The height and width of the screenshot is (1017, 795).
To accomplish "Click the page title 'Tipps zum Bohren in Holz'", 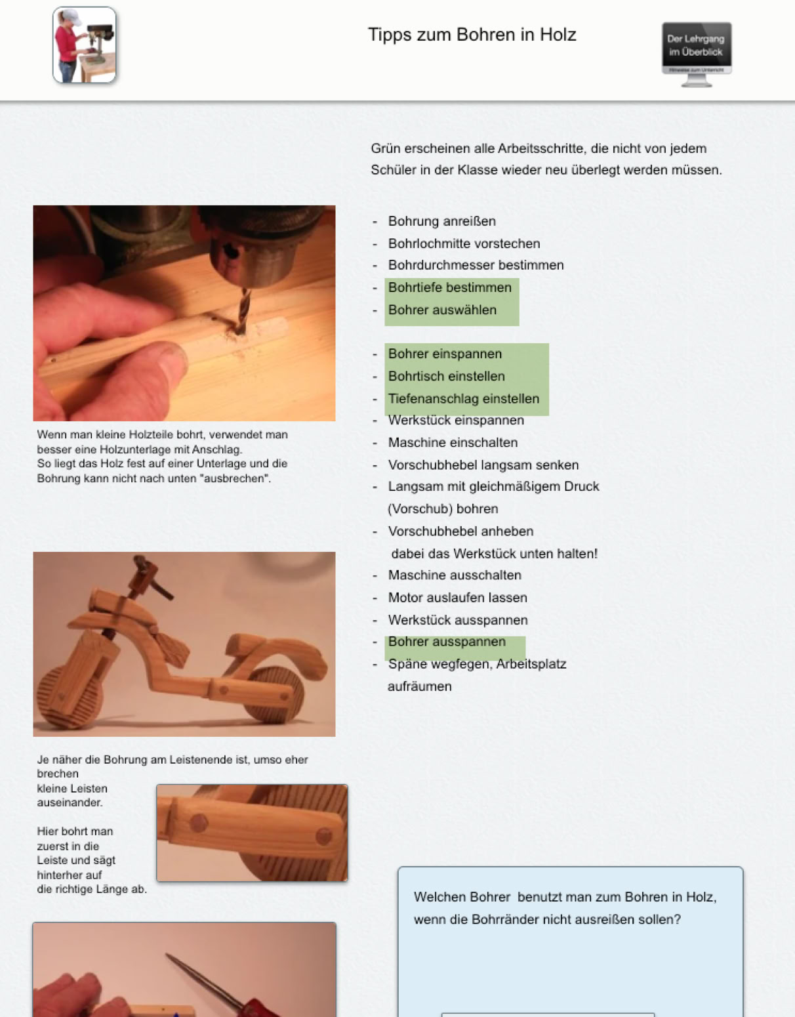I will (x=472, y=35).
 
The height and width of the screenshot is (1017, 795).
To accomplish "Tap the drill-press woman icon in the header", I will (x=85, y=45).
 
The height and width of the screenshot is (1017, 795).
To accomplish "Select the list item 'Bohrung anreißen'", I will (x=441, y=221).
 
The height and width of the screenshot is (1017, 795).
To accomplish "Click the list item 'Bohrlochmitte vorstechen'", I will (x=464, y=243).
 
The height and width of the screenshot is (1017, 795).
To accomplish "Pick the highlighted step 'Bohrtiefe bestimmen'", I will (x=449, y=287).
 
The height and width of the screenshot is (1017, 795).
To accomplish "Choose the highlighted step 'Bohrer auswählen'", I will (x=442, y=310).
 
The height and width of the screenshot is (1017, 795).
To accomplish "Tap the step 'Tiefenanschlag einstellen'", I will (x=463, y=398).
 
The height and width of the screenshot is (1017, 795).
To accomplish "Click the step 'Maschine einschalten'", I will (x=453, y=442).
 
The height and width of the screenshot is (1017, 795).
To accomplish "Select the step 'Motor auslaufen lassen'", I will (x=457, y=598).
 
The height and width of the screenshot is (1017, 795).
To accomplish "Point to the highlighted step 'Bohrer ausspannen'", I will (x=447, y=642).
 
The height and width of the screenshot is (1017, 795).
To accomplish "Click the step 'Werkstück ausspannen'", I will (x=458, y=620).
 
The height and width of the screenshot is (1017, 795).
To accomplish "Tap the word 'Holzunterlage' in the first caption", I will (x=187, y=449).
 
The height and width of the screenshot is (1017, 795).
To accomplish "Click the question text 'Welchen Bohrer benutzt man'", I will (x=494, y=897).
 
